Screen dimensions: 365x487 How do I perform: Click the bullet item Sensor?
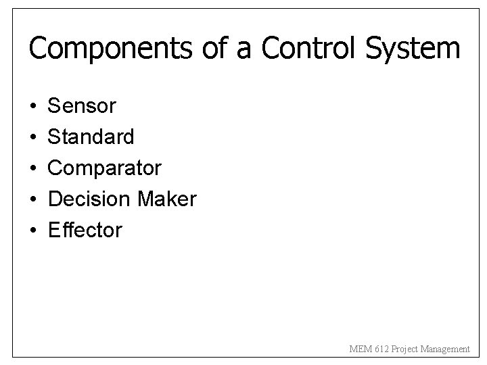[x=83, y=106]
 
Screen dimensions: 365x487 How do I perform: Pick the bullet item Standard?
[x=91, y=137]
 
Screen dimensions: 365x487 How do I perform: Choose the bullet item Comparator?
[x=105, y=168]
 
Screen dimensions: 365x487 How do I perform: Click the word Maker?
[x=166, y=199]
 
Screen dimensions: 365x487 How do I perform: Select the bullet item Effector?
[x=85, y=230]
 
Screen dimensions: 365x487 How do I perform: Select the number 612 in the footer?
[x=377, y=349]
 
